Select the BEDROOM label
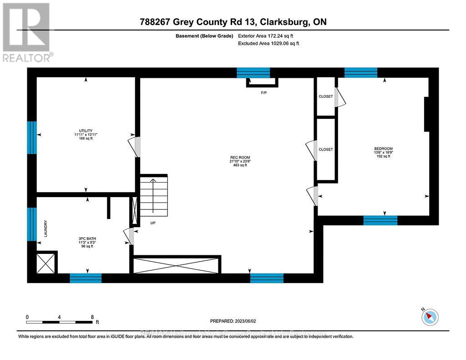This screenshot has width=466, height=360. point(383,148)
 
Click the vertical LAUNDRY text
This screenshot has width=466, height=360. point(46,228)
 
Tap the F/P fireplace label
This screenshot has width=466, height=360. point(263,93)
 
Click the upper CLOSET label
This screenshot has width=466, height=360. point(325,96)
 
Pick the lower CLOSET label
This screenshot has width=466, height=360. point(325,149)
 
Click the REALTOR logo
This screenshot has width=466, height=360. point(27,32)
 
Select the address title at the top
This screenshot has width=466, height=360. point(233,22)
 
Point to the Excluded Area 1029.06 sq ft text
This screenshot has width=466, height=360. point(268,44)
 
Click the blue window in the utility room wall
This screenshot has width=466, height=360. point(31,137)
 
